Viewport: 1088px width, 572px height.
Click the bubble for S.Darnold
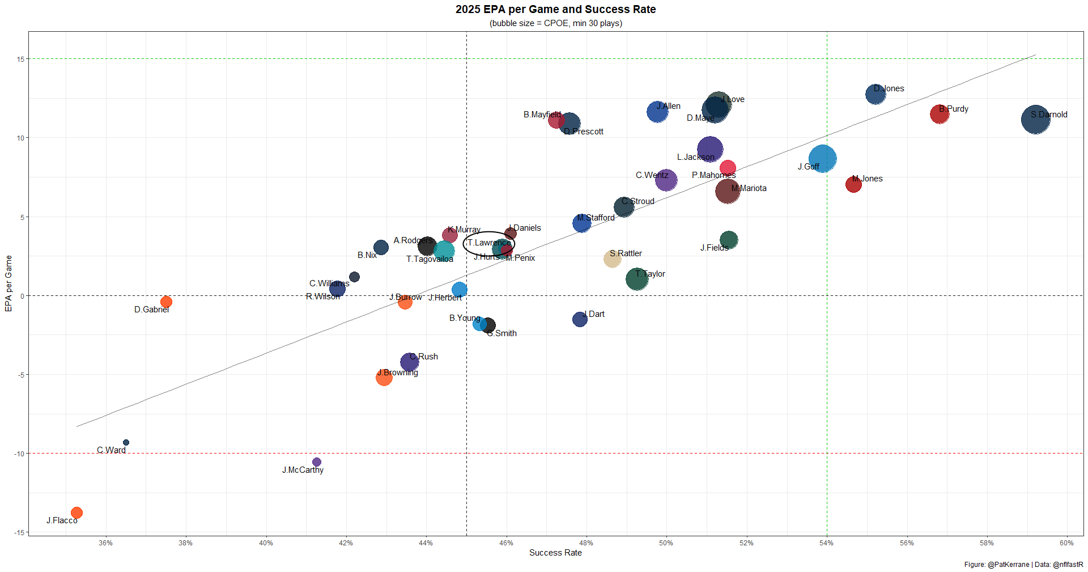[x=1035, y=120]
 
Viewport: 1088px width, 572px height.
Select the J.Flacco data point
[x=76, y=512]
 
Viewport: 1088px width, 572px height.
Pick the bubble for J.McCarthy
[x=317, y=462]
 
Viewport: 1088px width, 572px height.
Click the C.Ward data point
[x=126, y=442]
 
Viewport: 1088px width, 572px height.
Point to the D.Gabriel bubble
[x=166, y=302]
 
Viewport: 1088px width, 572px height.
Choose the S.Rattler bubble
[x=612, y=259]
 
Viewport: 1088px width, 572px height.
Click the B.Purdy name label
[x=954, y=109]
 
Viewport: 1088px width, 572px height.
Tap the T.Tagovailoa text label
[x=430, y=259]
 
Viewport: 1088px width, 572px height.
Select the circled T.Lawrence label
[x=489, y=243]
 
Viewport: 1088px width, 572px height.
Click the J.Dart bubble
[x=580, y=319]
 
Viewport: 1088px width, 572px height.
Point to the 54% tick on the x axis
[x=826, y=543]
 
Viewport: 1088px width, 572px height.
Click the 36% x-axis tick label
[x=105, y=543]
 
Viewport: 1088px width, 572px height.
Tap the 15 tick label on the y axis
[x=20, y=59]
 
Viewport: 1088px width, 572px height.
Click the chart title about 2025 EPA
[x=555, y=10]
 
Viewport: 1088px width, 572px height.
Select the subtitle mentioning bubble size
[x=555, y=23]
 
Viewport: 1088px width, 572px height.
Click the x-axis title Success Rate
[x=555, y=553]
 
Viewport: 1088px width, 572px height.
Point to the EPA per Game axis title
[x=8, y=283]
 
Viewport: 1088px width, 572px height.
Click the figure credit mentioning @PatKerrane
[x=1023, y=565]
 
